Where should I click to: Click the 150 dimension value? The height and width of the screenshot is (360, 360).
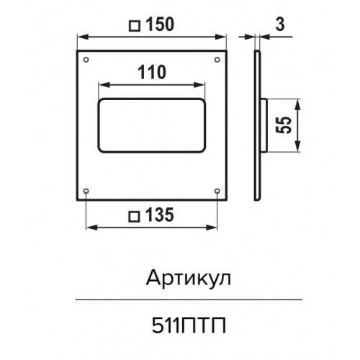click(x=160, y=24)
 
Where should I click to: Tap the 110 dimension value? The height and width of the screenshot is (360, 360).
click(x=152, y=72)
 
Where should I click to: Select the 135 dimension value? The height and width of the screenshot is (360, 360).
click(x=160, y=215)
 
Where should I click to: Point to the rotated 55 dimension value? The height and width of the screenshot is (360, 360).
click(x=284, y=125)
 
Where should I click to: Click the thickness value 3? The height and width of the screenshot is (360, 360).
click(x=280, y=24)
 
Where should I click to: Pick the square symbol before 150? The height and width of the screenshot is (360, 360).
click(x=135, y=26)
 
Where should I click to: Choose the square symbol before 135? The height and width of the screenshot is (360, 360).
click(x=134, y=217)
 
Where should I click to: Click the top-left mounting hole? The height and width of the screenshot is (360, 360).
click(x=86, y=60)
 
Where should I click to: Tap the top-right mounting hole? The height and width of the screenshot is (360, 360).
click(x=217, y=60)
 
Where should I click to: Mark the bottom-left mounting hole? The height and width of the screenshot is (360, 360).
click(x=86, y=191)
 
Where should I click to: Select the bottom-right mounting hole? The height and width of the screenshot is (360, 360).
click(x=217, y=191)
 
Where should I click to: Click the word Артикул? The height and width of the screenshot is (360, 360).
click(x=189, y=279)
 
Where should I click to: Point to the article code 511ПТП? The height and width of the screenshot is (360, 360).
click(x=189, y=325)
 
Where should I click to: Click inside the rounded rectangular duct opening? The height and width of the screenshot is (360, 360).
click(x=152, y=125)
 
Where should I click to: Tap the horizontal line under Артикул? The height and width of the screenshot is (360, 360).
click(x=189, y=300)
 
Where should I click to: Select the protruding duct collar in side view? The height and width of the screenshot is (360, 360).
click(x=264, y=125)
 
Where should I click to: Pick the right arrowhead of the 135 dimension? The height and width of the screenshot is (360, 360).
click(x=212, y=228)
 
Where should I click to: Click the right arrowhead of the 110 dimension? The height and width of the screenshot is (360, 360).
click(x=199, y=85)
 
